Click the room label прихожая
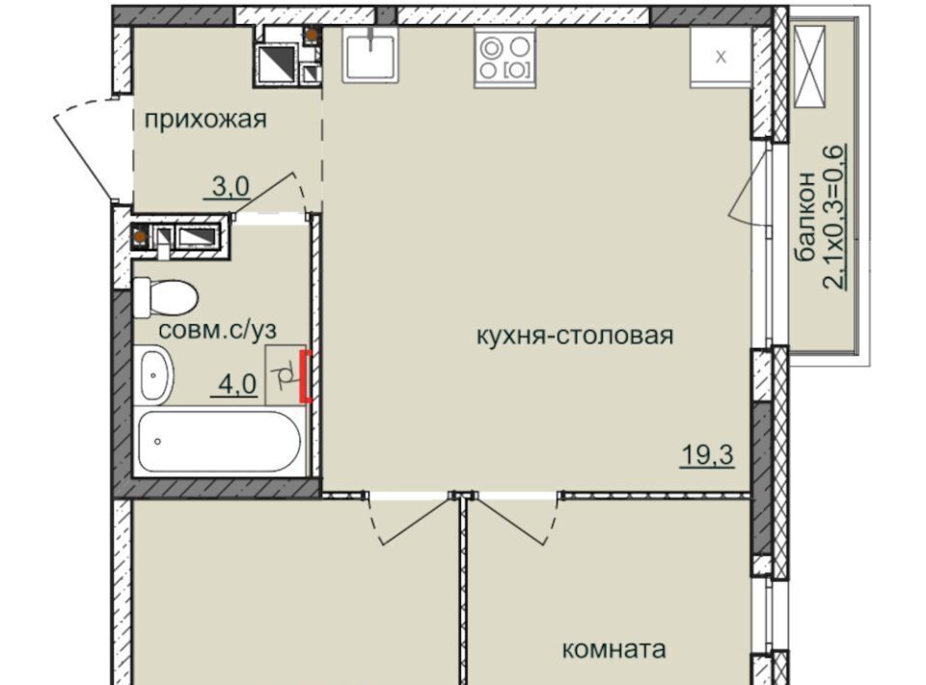point(205,120)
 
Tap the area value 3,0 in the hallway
point(231,188)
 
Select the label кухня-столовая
point(575,336)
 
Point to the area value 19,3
point(707,455)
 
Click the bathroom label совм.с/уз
point(217,330)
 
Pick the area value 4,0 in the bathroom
point(237,385)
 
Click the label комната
point(613,649)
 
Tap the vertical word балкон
point(805,217)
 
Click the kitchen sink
point(370,56)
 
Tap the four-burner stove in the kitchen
point(504,59)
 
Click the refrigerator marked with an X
point(721,57)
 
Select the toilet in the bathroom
point(164,297)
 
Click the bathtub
point(220,441)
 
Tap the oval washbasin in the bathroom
point(155,376)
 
